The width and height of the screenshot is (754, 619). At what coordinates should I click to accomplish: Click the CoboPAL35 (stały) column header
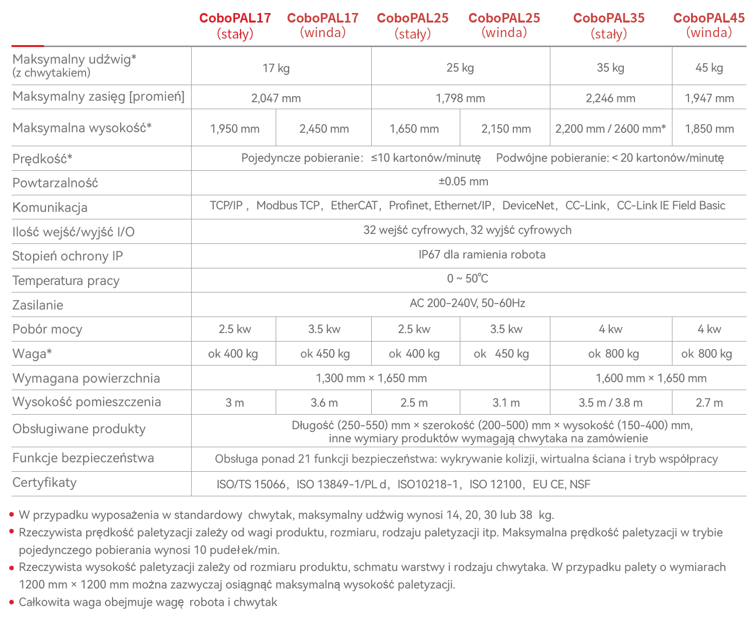pyautogui.click(x=609, y=26)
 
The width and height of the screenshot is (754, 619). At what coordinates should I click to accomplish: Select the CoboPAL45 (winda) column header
pyautogui.click(x=709, y=26)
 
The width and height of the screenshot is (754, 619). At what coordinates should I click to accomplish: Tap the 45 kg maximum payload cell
pyautogui.click(x=709, y=68)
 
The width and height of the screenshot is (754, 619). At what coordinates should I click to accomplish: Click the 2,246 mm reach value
pyautogui.click(x=610, y=98)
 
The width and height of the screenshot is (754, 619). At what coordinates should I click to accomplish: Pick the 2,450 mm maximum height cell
pyautogui.click(x=324, y=129)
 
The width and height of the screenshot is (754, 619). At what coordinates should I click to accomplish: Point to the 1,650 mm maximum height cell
pyautogui.click(x=414, y=129)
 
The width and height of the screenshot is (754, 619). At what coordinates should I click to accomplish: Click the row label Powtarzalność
pyautogui.click(x=55, y=183)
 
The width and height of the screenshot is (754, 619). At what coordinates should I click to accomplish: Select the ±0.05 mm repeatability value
pyautogui.click(x=463, y=181)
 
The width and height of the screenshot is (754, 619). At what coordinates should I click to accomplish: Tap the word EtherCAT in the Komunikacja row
pyautogui.click(x=354, y=205)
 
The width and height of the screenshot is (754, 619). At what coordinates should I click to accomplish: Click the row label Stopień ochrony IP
pyautogui.click(x=68, y=256)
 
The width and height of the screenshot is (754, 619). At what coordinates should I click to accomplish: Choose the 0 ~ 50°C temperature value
pyautogui.click(x=467, y=278)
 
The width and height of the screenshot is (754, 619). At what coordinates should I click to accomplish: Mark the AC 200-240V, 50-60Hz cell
pyautogui.click(x=467, y=303)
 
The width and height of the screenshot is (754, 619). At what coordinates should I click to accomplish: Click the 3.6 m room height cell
pyautogui.click(x=324, y=403)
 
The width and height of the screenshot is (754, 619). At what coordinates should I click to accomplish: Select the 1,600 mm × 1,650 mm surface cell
pyautogui.click(x=651, y=378)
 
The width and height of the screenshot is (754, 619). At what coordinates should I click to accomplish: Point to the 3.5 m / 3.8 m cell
pyautogui.click(x=610, y=403)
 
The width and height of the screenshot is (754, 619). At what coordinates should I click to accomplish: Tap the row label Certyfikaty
pyautogui.click(x=45, y=483)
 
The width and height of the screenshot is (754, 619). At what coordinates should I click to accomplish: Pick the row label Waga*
pyautogui.click(x=32, y=354)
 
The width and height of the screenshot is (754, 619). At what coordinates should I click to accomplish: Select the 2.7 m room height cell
pyautogui.click(x=709, y=403)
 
